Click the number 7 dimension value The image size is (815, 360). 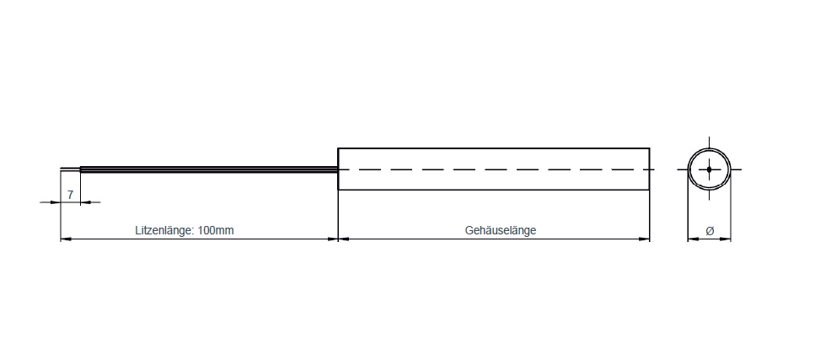[70, 195]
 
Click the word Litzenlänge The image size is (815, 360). [164, 230]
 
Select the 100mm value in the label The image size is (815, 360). [217, 230]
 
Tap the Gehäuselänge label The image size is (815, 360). [500, 230]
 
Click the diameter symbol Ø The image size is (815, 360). [709, 230]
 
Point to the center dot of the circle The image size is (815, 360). [709, 169]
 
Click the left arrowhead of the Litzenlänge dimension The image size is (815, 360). [65, 239]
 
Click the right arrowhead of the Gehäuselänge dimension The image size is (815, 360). [645, 239]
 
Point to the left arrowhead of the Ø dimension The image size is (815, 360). [692, 239]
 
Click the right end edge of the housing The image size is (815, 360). [650, 169]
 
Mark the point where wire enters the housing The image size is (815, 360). [338, 169]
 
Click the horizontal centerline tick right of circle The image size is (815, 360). [737, 169]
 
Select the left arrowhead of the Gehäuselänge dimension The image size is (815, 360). [343, 239]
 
